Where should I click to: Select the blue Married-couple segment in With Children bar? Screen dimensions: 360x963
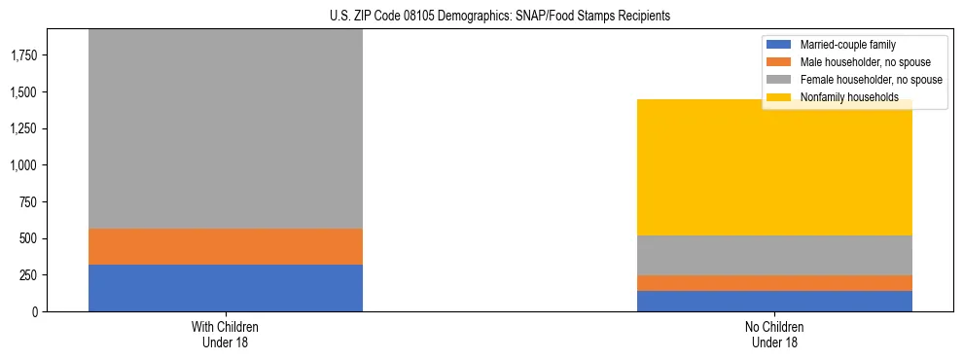point(225,288)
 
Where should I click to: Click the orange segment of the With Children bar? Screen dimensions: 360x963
point(225,246)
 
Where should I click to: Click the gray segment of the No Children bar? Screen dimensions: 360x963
point(774,255)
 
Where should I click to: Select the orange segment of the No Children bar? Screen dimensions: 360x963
point(774,283)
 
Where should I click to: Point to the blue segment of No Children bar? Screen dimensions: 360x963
point(774,301)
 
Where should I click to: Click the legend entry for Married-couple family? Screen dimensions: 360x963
point(847,45)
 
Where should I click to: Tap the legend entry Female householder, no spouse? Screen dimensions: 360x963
point(871,80)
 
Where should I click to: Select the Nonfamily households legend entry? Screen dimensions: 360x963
point(848,97)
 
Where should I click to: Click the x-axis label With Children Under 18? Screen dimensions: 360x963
point(225,335)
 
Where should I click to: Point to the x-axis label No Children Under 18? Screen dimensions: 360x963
point(774,335)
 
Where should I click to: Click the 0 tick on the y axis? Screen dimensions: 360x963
point(34,311)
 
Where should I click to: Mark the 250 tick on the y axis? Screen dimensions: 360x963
point(28,275)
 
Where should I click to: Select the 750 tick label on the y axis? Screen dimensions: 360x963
point(28,202)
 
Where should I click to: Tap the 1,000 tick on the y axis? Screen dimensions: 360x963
point(24,165)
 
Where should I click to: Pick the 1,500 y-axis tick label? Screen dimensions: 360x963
point(24,92)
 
